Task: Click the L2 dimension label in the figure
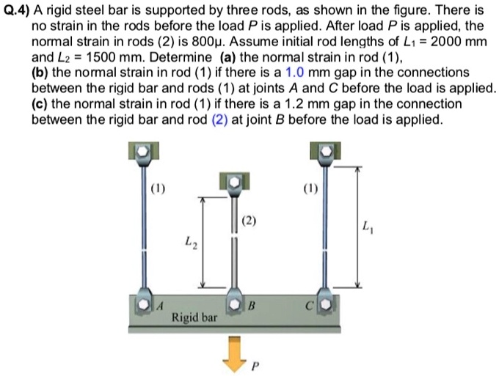pos(189,243)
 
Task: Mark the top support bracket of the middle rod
pos(233,180)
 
